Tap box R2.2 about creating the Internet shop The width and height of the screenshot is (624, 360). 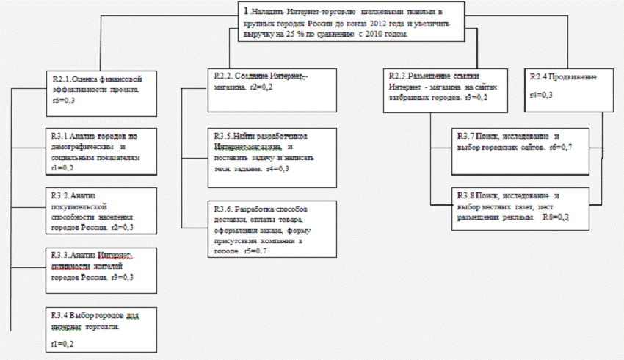point(271,87)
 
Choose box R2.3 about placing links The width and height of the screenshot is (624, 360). point(440,90)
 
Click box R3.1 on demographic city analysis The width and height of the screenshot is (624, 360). point(102,152)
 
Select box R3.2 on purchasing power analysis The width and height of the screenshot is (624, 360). point(102,211)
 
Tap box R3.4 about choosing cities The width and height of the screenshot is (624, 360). point(102,326)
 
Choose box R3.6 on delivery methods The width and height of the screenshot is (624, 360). point(271,229)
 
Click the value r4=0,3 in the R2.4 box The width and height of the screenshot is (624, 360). point(542,96)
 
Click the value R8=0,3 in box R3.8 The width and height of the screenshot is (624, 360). point(556,218)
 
